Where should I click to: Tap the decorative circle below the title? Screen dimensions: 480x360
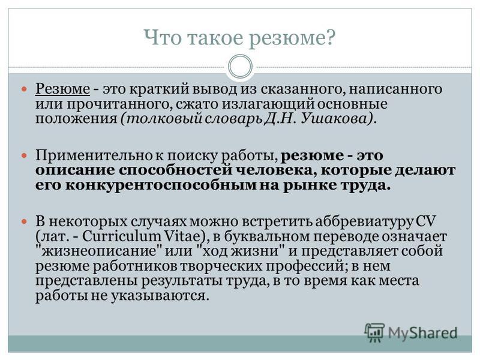(241, 67)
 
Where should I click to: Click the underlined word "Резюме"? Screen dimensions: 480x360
(63, 89)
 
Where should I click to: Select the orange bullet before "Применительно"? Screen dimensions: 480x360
(25, 156)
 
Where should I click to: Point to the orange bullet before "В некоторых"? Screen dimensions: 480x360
(25, 221)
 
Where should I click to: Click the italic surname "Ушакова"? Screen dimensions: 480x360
(336, 118)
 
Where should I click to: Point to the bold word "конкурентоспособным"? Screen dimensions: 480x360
(161, 185)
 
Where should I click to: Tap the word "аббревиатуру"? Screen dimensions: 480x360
(364, 221)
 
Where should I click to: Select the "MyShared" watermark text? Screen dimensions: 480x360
(422, 333)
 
